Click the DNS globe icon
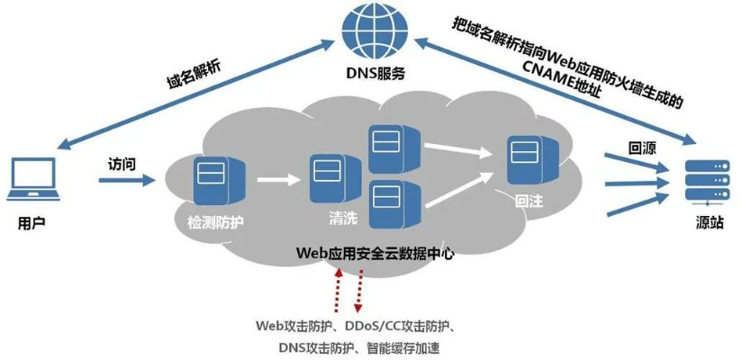coord(372,30)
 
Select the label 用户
coord(32,221)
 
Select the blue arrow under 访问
coord(125,182)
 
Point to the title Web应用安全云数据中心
coord(375,254)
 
